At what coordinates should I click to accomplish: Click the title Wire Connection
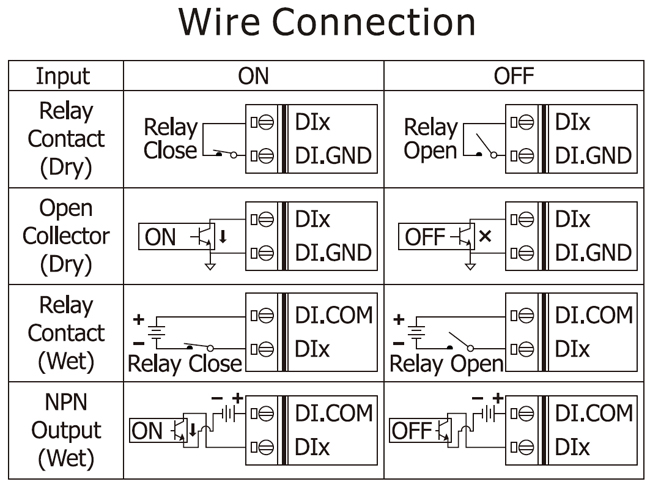326,24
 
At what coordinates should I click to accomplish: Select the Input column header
62,76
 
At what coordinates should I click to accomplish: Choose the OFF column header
515,76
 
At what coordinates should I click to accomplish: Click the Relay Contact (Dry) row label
64,139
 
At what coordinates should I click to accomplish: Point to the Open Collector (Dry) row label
64,237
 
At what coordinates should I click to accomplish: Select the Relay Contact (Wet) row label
64,333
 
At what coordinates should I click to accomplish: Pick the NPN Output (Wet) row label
64,431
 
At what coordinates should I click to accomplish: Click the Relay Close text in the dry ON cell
171,140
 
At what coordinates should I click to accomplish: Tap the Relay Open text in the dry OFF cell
430,140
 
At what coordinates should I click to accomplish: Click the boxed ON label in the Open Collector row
160,238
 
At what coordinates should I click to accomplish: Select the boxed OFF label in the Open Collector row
423,238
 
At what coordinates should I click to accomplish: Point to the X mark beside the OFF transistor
486,237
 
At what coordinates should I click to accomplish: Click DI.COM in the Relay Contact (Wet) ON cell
333,316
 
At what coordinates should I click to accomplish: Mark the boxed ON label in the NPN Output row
147,431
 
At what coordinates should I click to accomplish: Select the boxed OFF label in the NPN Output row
410,431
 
